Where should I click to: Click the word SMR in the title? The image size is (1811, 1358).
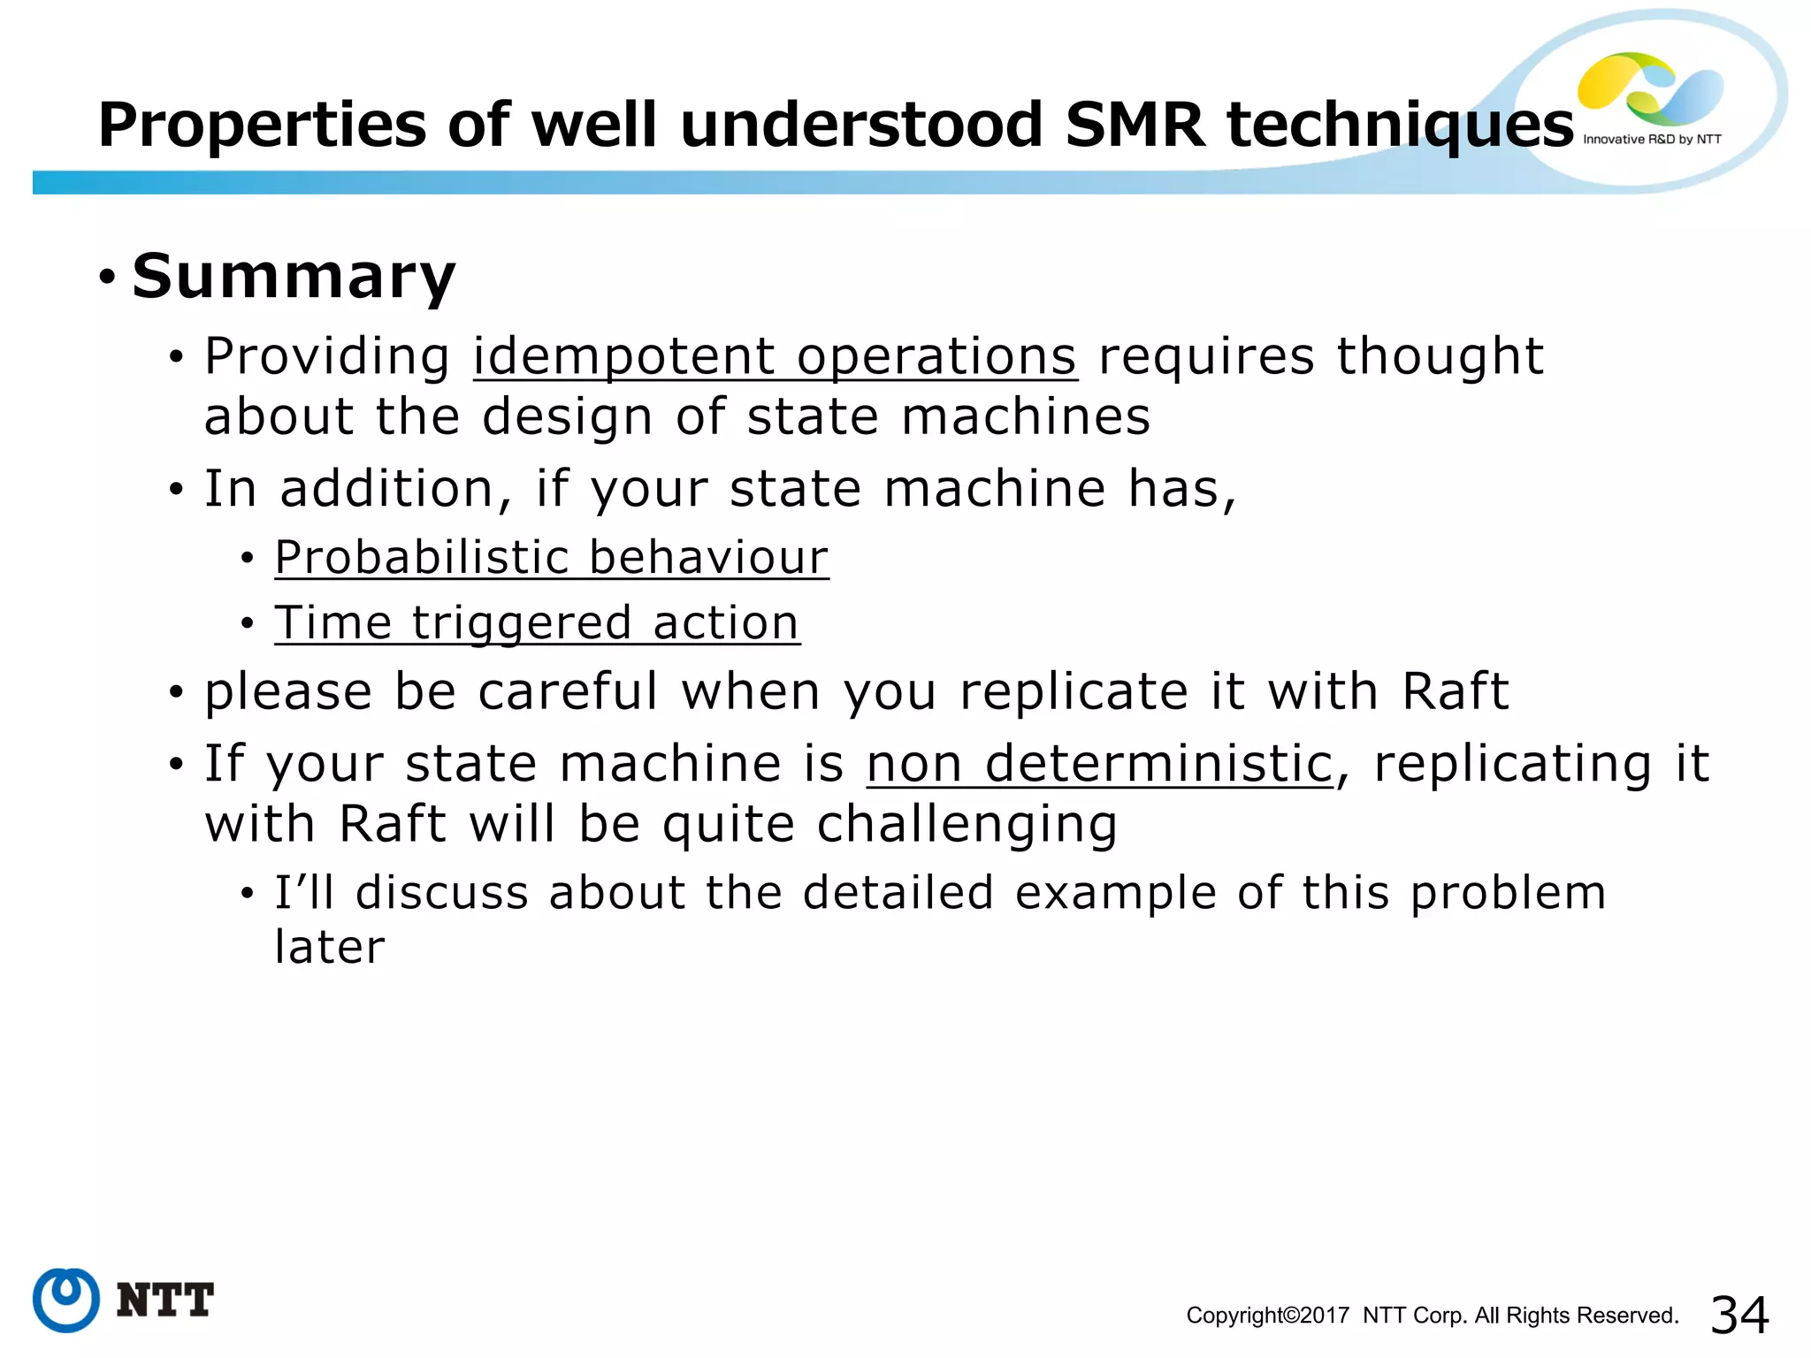tap(1135, 125)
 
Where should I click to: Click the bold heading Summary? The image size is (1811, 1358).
tap(294, 277)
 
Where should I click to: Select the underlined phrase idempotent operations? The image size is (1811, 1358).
tap(775, 357)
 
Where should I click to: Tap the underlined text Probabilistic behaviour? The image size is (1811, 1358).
tap(551, 558)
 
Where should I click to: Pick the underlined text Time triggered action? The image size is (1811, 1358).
tap(537, 623)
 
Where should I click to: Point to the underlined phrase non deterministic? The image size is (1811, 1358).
tap(1099, 764)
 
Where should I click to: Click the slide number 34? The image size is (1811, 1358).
tap(1739, 1315)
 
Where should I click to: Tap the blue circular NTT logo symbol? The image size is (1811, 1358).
tap(66, 1300)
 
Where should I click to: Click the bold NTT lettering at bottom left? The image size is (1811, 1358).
tap(165, 1301)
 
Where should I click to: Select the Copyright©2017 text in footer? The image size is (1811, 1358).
tap(1267, 1316)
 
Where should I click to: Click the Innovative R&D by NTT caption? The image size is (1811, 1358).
tap(1652, 140)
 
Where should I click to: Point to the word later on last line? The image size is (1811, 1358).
tap(330, 948)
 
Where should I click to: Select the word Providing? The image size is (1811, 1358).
tap(327, 357)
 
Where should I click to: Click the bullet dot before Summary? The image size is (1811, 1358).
tap(107, 278)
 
